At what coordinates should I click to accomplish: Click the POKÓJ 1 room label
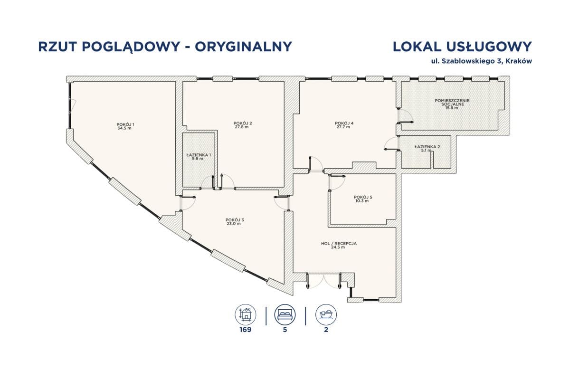125,124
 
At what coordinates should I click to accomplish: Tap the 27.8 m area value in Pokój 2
243,127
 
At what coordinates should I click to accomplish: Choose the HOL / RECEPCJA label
339,243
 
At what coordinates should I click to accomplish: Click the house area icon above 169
246,314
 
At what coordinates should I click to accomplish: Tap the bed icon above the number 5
285,314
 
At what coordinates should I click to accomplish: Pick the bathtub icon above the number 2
325,314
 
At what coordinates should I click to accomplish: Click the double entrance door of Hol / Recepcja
324,280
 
